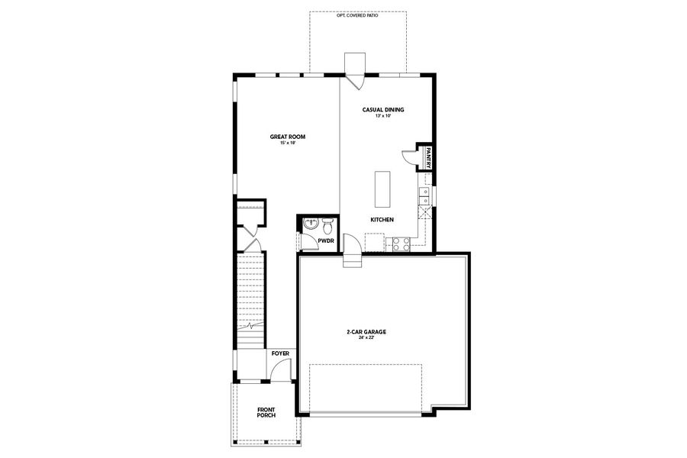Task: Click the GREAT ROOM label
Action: (x=287, y=137)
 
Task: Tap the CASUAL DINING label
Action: (x=382, y=110)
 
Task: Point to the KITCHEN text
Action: (x=382, y=220)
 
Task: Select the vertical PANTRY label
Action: (x=429, y=157)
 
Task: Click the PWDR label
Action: (x=327, y=240)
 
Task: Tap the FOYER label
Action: (x=280, y=354)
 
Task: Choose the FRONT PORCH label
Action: (x=266, y=413)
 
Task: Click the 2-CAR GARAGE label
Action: (x=366, y=332)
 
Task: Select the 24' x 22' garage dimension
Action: (x=366, y=338)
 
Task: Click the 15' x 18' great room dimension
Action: (x=287, y=143)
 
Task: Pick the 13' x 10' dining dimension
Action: (x=382, y=116)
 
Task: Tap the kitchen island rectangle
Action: (x=382, y=189)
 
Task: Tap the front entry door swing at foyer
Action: (x=281, y=373)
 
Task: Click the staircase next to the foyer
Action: (x=250, y=290)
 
